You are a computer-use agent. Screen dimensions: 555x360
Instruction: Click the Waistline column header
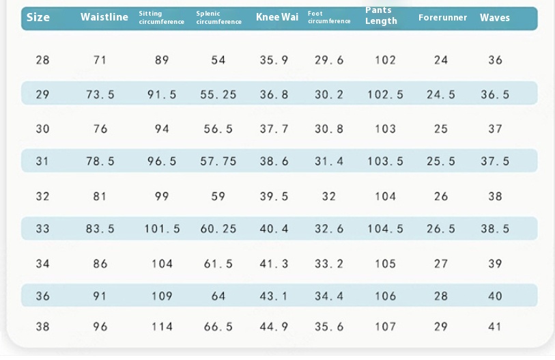(x=104, y=17)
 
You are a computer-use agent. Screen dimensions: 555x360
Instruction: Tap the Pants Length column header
(x=381, y=16)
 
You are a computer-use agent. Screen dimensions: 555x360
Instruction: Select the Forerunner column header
(x=442, y=17)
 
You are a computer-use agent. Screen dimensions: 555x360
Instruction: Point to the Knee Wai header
(x=277, y=17)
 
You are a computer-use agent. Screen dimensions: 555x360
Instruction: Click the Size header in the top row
(x=38, y=17)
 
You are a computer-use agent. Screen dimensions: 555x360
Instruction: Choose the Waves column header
(x=495, y=17)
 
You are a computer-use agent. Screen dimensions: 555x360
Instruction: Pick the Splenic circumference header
(x=218, y=18)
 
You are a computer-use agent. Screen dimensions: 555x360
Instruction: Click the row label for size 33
(x=42, y=229)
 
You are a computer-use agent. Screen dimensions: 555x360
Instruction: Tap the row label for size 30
(x=42, y=128)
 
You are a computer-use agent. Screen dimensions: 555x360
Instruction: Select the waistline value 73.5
(x=100, y=94)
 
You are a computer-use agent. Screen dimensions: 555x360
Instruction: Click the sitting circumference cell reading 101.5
(x=162, y=229)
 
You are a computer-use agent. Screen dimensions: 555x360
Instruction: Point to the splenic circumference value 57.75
(x=218, y=161)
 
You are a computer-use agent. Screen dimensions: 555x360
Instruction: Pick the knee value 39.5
(x=274, y=196)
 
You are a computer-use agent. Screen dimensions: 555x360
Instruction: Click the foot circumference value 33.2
(x=329, y=264)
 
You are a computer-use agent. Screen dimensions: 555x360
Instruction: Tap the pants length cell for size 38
(x=386, y=327)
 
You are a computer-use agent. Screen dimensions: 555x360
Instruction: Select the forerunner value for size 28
(x=441, y=60)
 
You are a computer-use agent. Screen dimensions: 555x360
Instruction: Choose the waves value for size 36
(x=495, y=296)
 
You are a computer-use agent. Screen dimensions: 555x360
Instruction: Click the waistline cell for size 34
(x=100, y=264)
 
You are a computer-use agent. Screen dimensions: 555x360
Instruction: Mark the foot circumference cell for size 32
(x=329, y=196)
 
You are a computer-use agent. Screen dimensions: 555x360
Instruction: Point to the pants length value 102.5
(x=386, y=94)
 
